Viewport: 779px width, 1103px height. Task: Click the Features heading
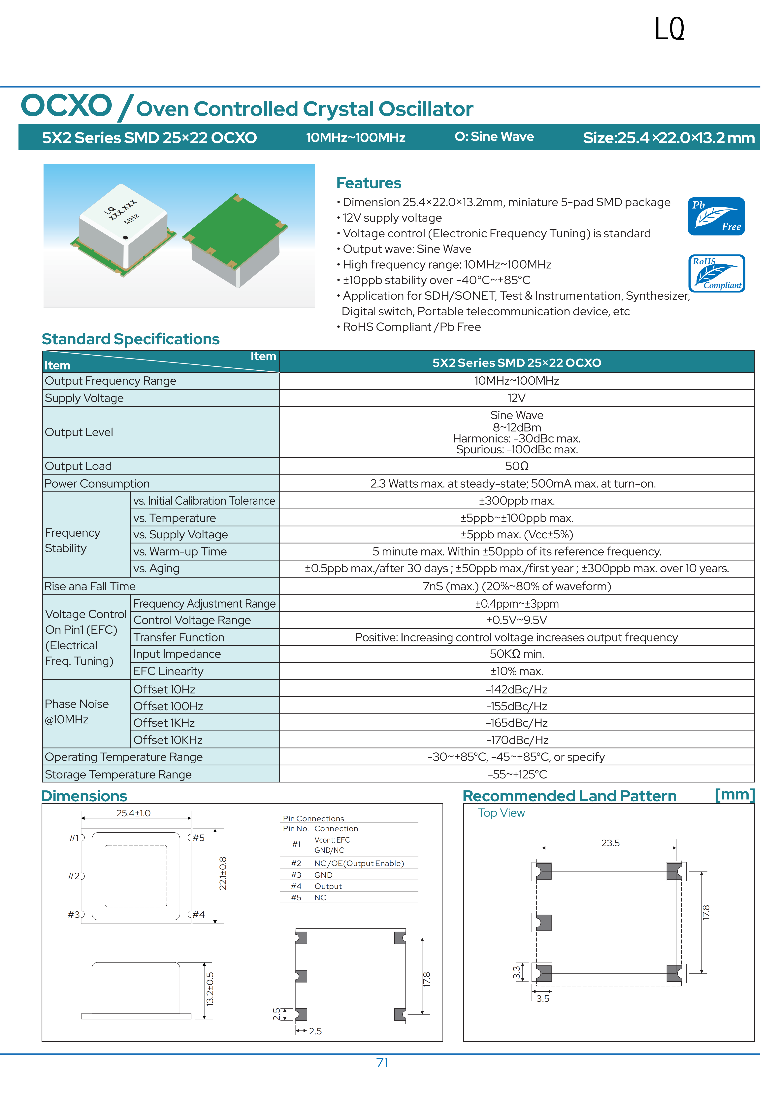369,183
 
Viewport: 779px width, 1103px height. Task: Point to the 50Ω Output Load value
516,466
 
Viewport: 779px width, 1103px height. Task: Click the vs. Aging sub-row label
156,568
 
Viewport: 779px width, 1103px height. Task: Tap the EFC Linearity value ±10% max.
516,671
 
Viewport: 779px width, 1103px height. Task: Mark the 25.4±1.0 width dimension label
133,813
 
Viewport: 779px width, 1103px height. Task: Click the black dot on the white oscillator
126,237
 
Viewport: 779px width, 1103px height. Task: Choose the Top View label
501,813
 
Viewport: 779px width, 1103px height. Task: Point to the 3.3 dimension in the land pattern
516,972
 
